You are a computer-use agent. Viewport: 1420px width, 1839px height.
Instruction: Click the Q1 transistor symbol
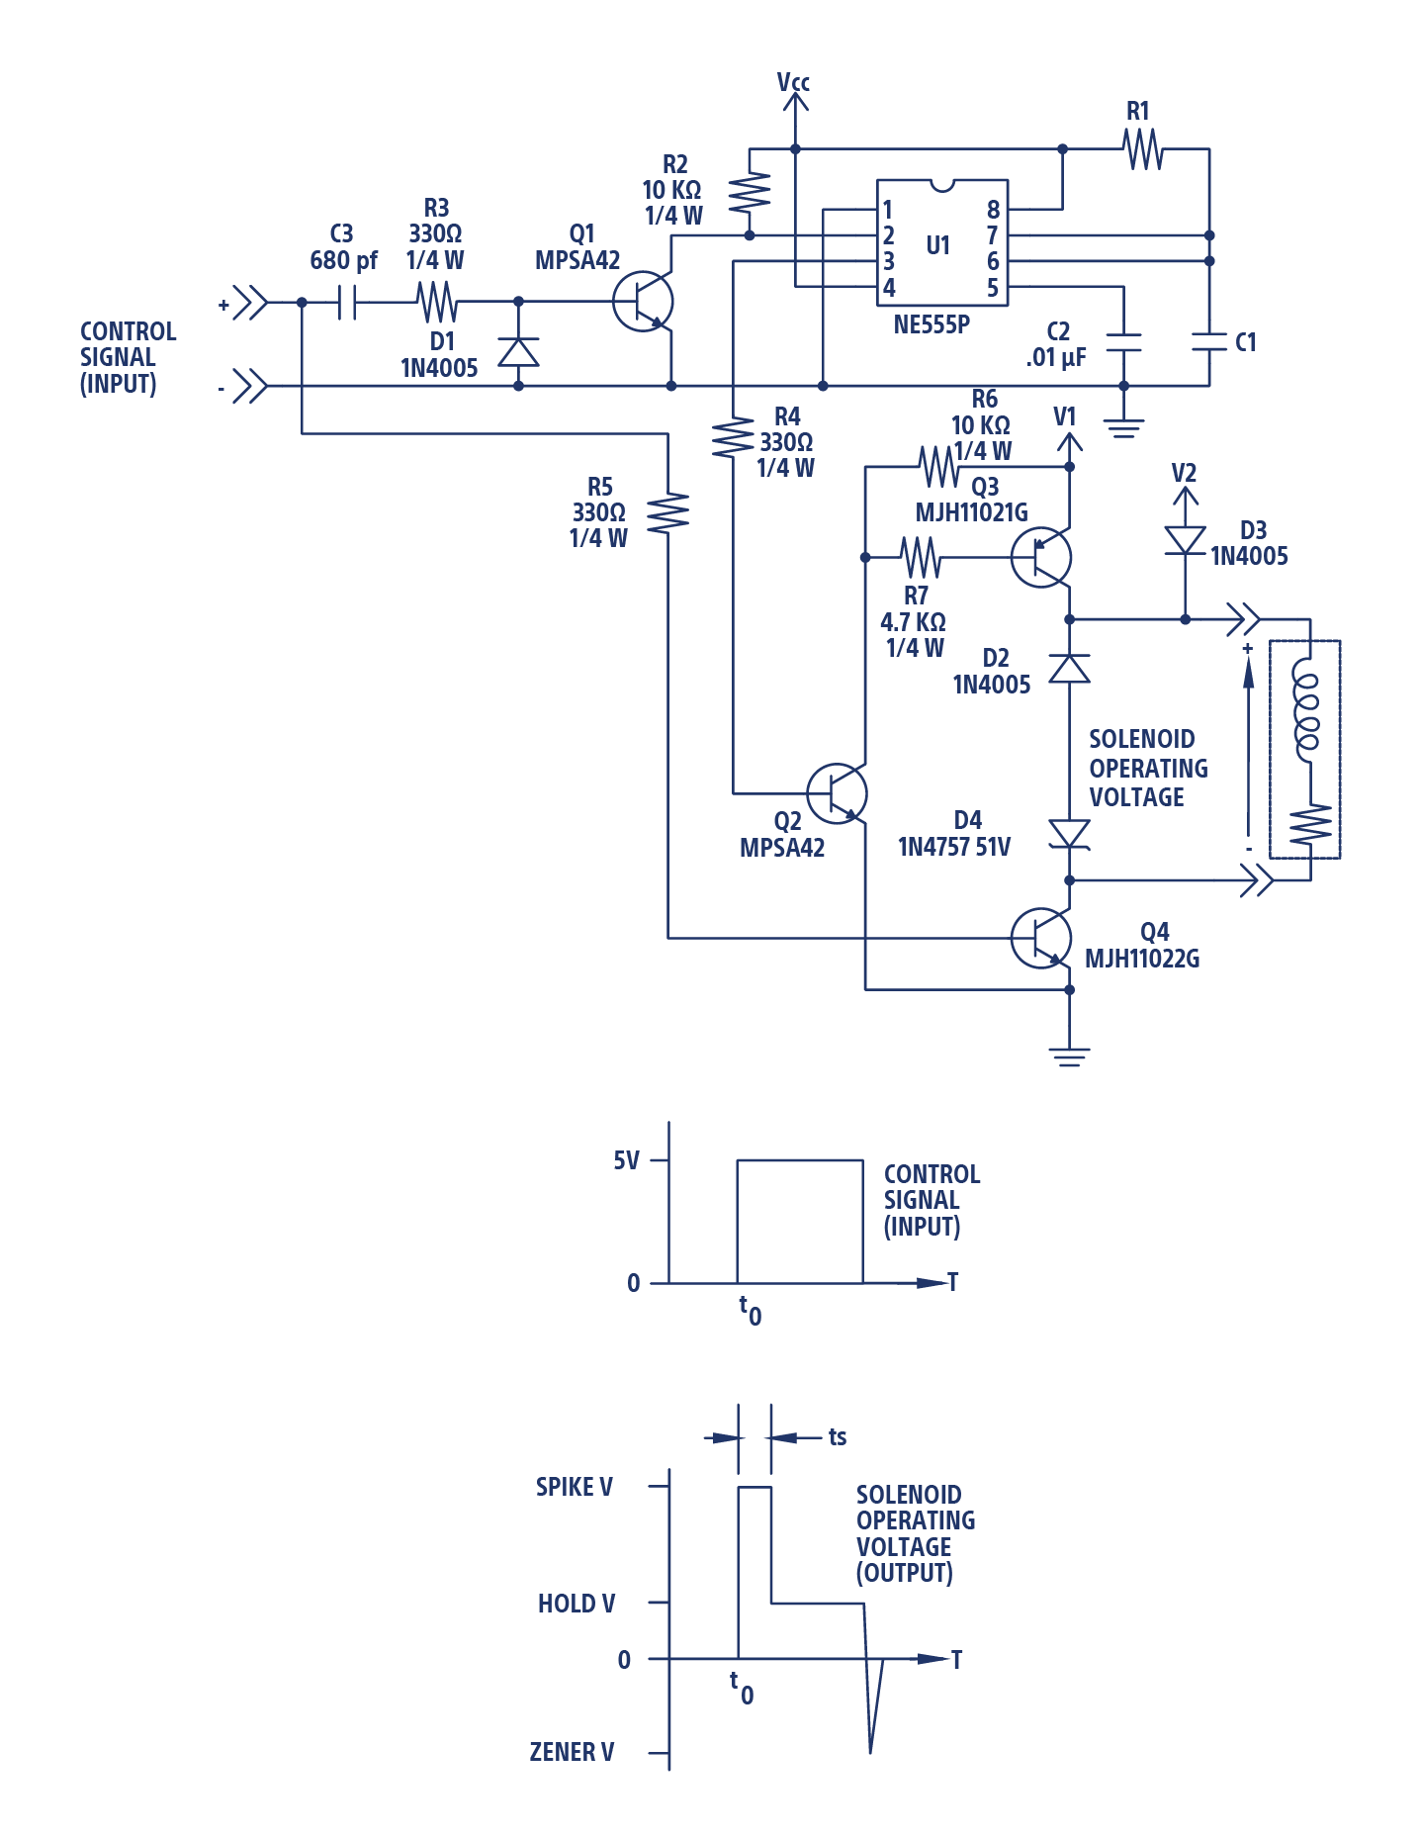643,302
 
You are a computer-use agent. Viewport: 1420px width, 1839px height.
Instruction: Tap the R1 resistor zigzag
1142,149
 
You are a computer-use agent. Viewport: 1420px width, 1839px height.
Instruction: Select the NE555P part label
932,324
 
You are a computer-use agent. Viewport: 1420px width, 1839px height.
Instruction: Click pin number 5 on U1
993,288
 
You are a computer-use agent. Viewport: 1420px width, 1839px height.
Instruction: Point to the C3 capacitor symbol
346,302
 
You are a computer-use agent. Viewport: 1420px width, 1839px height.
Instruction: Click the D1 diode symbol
518,351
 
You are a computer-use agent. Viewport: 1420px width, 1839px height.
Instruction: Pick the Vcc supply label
793,82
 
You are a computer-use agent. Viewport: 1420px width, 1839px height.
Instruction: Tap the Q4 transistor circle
1041,938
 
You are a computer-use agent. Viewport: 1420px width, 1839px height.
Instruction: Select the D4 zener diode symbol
1069,834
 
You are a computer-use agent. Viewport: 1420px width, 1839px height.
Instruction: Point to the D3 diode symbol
1185,540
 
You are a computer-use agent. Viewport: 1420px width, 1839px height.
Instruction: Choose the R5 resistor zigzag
668,512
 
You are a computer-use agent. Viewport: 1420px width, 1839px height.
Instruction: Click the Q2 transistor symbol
837,793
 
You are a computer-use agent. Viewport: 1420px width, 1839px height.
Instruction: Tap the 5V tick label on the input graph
626,1160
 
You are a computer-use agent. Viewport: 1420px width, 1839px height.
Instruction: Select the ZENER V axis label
572,1752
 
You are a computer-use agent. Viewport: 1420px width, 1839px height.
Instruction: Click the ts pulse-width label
838,1436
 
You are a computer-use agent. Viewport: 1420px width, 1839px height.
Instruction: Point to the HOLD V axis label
576,1603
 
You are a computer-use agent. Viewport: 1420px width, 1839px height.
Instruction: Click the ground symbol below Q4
1069,1057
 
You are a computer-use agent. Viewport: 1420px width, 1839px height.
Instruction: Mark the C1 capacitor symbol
1208,342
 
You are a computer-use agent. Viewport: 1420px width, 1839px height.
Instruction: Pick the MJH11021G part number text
971,512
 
